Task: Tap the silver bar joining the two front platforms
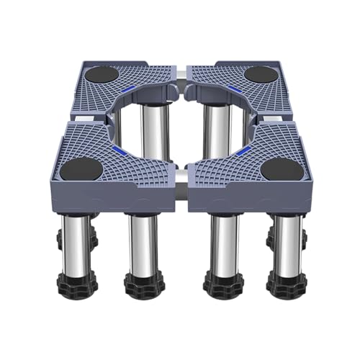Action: tap(181, 175)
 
